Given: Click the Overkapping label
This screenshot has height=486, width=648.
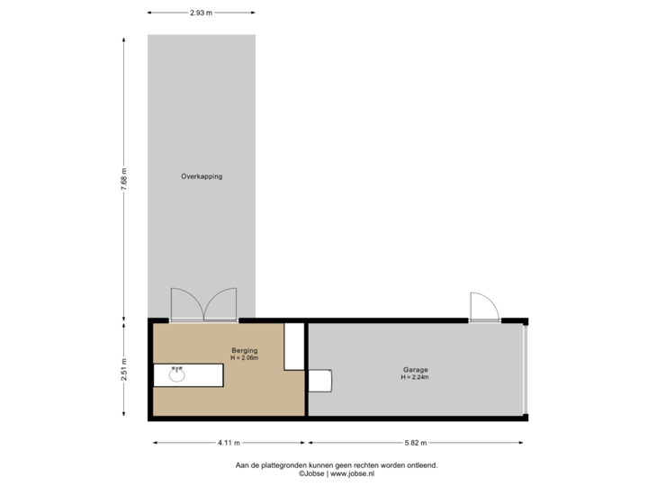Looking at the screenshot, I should click(x=201, y=176).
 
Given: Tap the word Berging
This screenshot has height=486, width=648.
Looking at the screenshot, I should click(x=244, y=350).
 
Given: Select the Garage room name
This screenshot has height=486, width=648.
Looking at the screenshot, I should click(x=415, y=370).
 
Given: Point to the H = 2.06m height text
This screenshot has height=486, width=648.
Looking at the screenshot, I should click(x=244, y=358).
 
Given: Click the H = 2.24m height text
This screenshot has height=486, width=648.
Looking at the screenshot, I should click(x=415, y=378).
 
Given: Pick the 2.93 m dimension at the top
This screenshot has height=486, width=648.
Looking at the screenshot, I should click(x=201, y=13).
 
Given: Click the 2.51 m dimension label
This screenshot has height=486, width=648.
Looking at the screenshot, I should click(x=124, y=370).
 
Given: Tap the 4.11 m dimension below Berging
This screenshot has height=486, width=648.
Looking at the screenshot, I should click(x=229, y=443).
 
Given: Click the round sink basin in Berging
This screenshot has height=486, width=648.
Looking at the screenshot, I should click(x=176, y=374).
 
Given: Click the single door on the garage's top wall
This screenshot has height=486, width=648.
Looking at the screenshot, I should click(x=483, y=307).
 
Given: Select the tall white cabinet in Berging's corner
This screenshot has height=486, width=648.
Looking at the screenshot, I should click(x=294, y=347).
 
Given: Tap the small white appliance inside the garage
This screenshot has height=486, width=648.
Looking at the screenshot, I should click(x=319, y=381).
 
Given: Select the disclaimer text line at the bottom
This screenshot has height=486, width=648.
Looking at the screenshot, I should click(x=336, y=465).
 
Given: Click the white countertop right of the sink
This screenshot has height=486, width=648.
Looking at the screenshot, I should click(x=205, y=374).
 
